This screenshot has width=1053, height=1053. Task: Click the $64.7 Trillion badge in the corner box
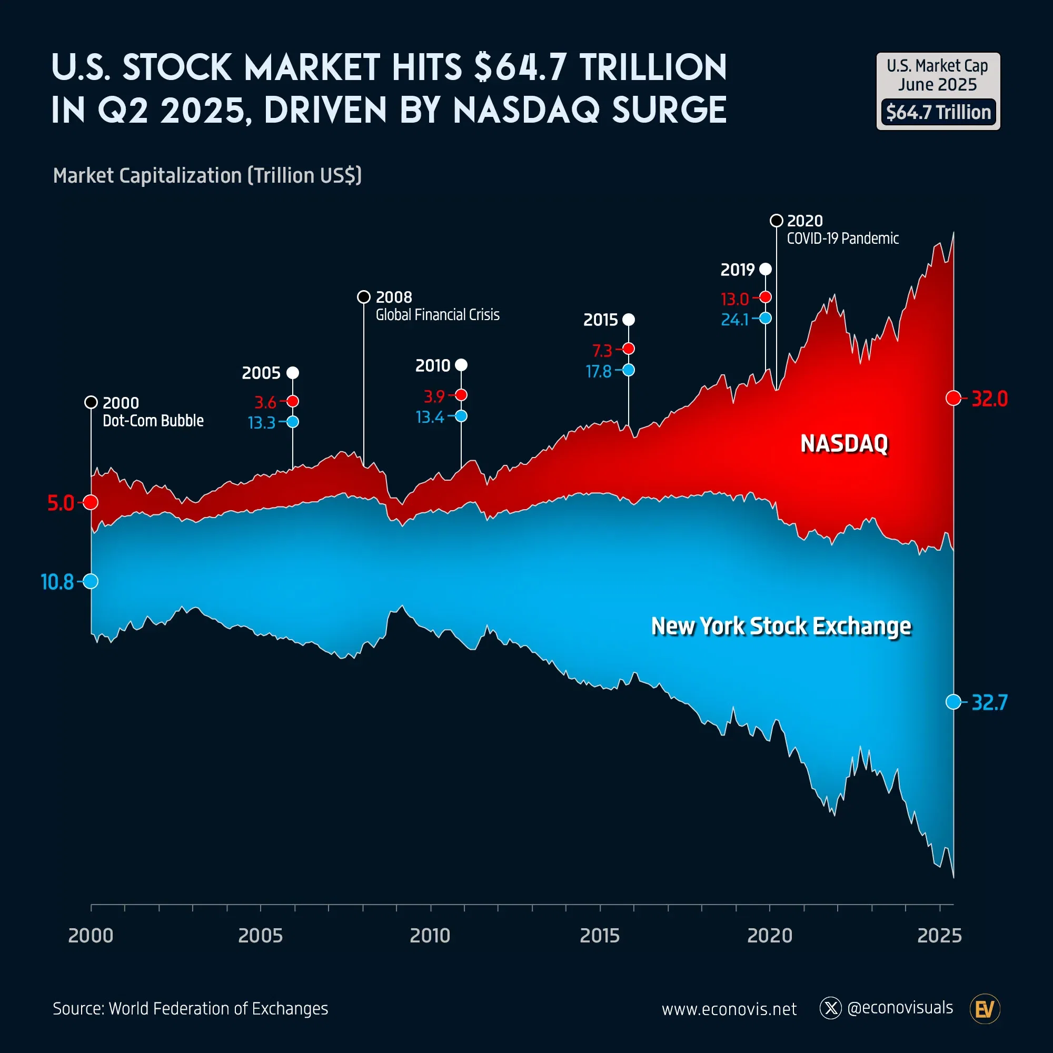click(938, 112)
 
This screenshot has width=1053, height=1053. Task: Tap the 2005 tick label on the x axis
click(261, 935)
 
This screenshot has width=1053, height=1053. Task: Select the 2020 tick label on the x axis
click(770, 935)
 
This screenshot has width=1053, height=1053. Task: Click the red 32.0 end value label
click(990, 399)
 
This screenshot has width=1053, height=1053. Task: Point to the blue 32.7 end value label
click(990, 702)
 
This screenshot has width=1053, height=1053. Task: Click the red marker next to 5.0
click(91, 502)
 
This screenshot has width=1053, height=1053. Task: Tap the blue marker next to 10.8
click(91, 582)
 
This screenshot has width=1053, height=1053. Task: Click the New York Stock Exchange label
click(781, 626)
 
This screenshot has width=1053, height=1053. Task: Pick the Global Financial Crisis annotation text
click(437, 315)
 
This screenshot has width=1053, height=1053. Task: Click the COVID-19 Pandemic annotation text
click(842, 239)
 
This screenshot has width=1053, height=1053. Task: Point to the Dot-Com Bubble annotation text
click(153, 421)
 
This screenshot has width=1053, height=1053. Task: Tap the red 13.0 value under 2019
click(734, 299)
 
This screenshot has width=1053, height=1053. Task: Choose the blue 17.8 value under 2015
click(599, 372)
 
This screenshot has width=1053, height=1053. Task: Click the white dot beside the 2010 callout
click(461, 365)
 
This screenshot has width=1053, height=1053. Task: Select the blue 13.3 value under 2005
click(262, 423)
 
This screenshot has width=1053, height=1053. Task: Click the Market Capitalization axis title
click(207, 175)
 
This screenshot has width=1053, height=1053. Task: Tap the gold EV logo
click(985, 1009)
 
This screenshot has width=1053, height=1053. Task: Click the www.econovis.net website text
click(729, 1009)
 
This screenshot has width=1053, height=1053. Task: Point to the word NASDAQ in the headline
click(526, 110)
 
